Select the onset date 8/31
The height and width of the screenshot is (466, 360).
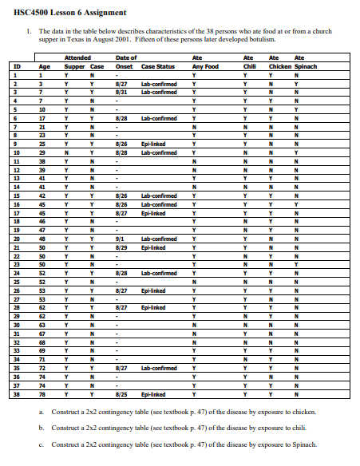tap(122, 92)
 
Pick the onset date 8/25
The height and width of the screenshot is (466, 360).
tap(122, 394)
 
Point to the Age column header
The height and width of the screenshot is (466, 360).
tap(44, 66)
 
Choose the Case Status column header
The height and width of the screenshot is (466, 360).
tap(158, 66)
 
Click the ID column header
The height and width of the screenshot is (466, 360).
tap(16, 66)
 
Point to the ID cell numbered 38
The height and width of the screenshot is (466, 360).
tap(16, 394)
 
